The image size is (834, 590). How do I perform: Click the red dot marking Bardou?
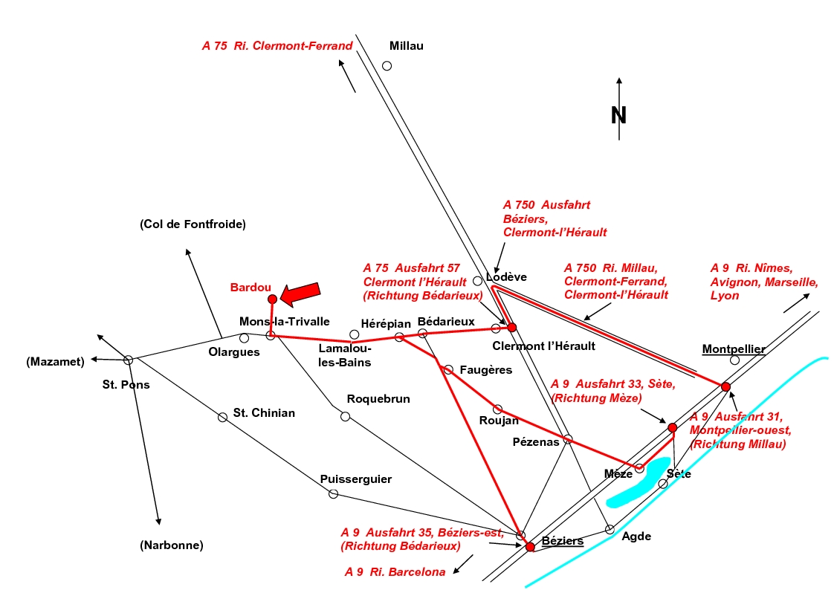click(272, 299)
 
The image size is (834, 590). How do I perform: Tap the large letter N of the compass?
click(618, 115)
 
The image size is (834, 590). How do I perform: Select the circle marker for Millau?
click(387, 65)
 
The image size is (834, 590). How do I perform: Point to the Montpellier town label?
click(733, 349)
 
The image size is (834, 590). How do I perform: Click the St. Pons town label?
click(126, 385)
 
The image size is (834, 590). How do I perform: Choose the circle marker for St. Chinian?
click(222, 417)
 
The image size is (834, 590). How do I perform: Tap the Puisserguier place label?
click(355, 479)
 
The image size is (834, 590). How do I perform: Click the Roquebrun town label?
click(378, 399)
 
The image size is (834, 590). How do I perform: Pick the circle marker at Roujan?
click(498, 409)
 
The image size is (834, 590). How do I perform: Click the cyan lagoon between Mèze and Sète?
click(639, 483)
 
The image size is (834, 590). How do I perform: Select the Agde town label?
click(636, 536)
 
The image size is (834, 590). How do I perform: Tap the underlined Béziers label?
click(563, 540)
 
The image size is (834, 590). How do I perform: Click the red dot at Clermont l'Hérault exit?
click(511, 327)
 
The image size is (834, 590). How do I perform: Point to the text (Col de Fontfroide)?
click(193, 224)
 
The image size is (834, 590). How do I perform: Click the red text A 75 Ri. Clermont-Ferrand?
click(277, 46)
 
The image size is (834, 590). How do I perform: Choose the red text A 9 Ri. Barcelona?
click(395, 572)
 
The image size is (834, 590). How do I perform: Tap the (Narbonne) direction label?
click(172, 545)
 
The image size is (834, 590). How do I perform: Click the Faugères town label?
click(486, 369)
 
